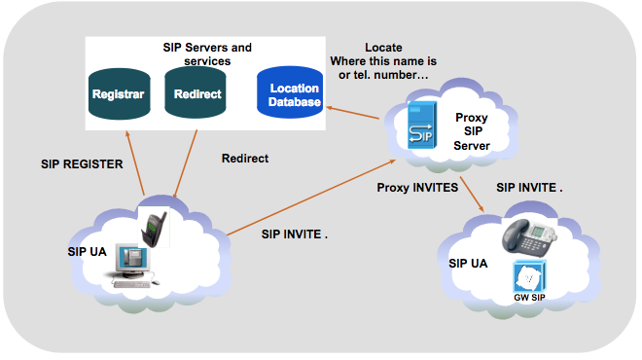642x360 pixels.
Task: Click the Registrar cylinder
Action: tap(118, 95)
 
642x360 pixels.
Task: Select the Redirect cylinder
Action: tap(197, 95)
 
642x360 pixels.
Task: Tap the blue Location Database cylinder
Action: tap(294, 95)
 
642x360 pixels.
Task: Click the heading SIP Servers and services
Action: tap(205, 54)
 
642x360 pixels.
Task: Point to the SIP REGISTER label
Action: tap(82, 164)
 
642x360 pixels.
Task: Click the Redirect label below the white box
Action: tap(244, 158)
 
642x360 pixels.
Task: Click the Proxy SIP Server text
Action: tap(472, 131)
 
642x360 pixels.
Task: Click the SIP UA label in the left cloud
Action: tap(86, 250)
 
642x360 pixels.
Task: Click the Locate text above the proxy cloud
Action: tap(383, 48)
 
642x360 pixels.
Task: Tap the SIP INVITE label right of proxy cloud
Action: tap(529, 186)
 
